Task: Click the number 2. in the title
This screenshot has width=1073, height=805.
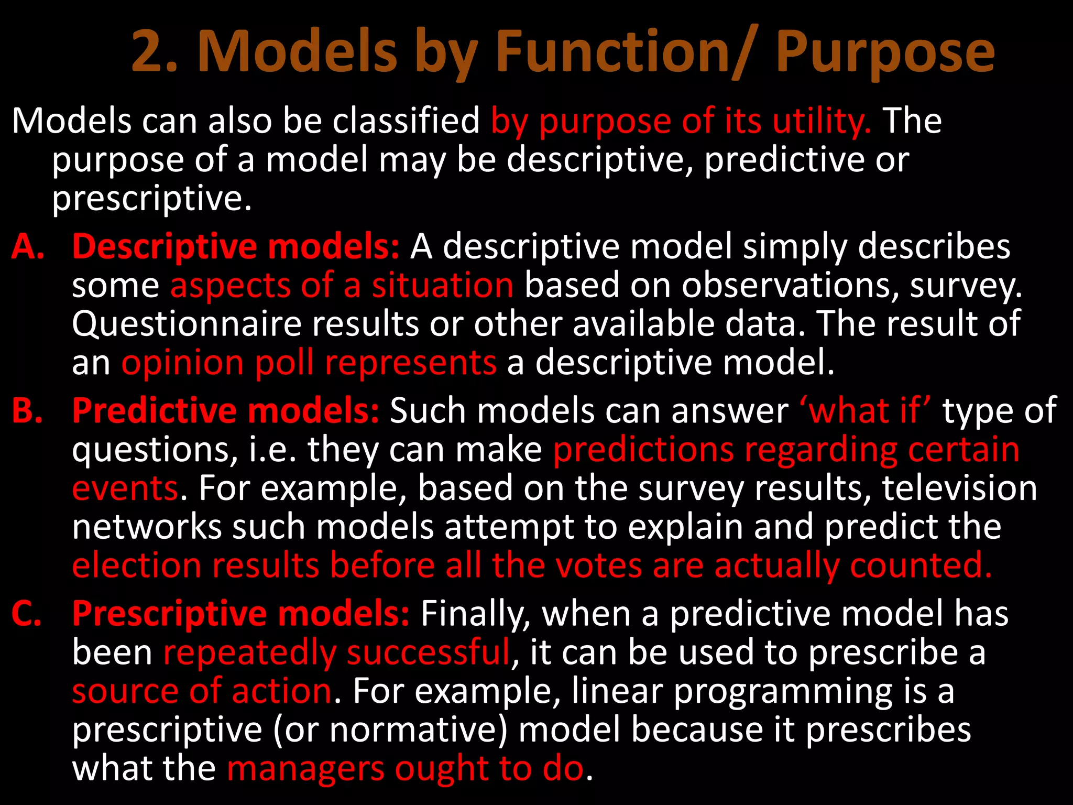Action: pos(155,51)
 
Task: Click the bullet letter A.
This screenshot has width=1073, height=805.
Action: pos(27,246)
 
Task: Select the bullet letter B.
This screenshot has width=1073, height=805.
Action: pos(27,410)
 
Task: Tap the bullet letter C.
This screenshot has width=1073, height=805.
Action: pos(26,613)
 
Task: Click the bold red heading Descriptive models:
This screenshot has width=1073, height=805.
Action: pos(236,246)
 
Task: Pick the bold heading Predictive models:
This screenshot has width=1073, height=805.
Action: pos(225,410)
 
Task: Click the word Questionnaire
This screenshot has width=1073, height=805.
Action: pos(187,324)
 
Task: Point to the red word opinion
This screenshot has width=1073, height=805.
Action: pos(183,363)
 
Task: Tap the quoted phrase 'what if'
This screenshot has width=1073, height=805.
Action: pos(866,410)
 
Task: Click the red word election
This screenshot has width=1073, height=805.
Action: pos(136,565)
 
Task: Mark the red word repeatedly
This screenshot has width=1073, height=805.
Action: pos(249,653)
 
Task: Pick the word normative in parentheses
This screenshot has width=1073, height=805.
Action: pos(414,730)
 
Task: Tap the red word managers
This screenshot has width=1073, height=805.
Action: pos(305,768)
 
